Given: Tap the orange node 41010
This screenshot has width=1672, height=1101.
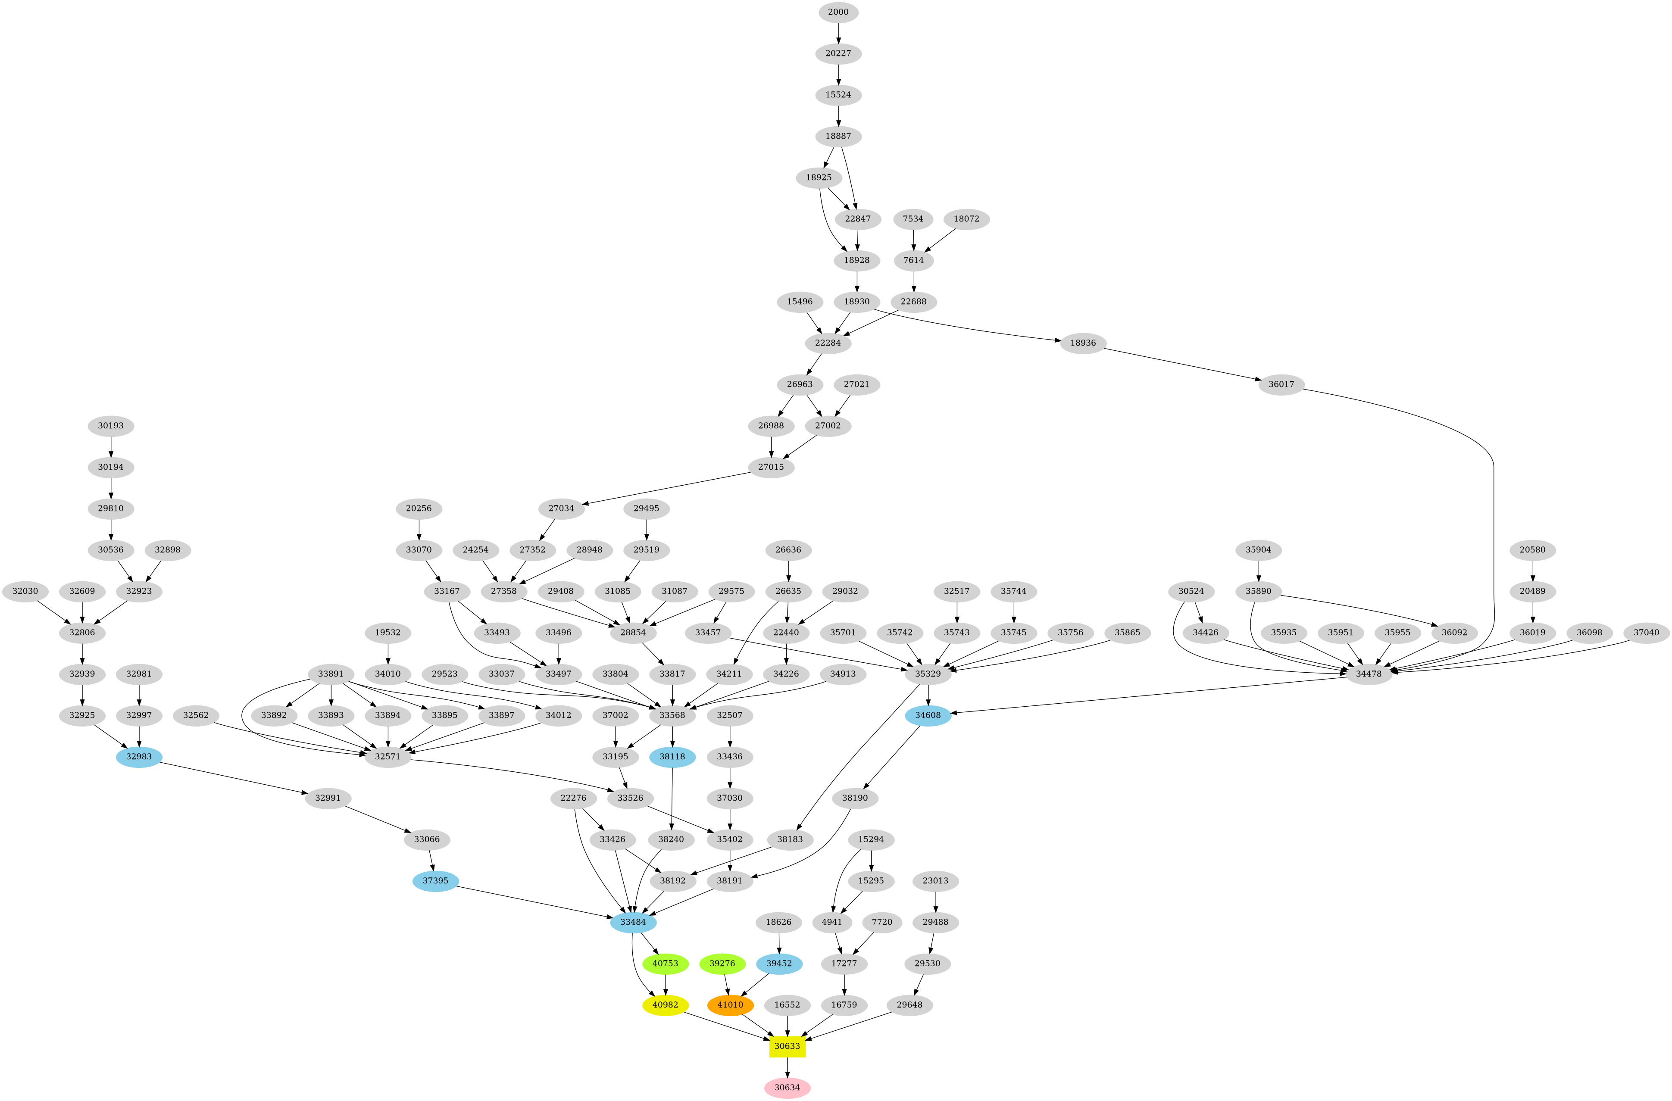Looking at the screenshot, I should coord(730,1005).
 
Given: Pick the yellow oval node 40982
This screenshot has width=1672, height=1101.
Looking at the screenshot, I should coord(665,1005).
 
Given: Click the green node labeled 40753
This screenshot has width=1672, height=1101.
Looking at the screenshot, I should coord(665,964).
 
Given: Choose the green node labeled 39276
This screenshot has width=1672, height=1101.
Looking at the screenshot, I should coord(722,964).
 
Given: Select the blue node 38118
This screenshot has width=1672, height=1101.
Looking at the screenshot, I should coord(673,757).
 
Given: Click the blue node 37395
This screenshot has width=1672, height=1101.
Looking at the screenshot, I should coord(435,880).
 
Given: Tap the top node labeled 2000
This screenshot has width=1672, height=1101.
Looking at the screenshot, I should coord(838,12).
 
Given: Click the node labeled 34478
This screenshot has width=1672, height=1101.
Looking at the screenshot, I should coord(1369,674).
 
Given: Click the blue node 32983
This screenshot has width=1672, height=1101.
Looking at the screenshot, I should coord(139,757).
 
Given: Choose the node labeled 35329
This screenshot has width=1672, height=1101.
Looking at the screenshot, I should coord(927,674).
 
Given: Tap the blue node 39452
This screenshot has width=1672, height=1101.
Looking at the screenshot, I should coord(779,964).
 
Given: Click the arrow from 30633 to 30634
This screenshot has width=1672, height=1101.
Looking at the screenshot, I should coord(787,1066).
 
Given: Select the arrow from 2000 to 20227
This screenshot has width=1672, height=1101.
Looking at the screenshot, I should coord(838,32).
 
